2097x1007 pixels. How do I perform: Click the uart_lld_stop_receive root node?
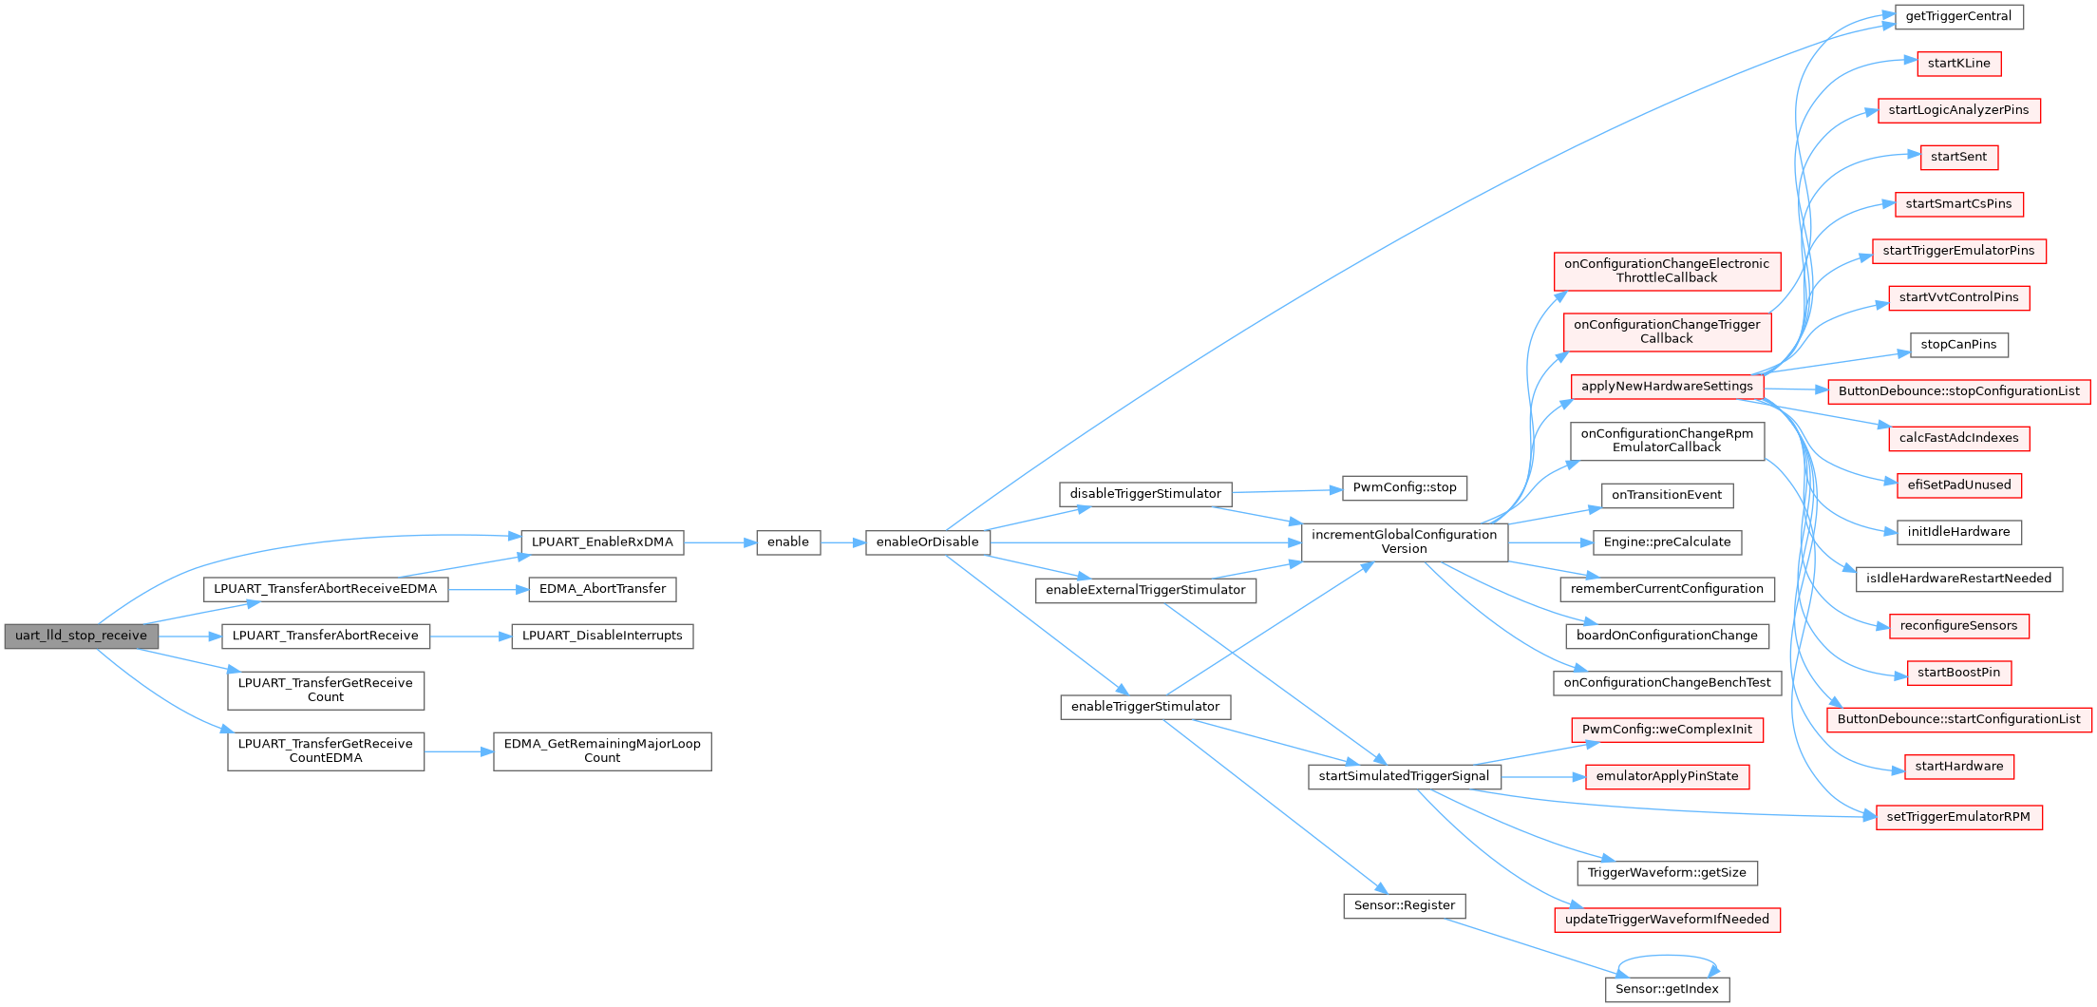(82, 636)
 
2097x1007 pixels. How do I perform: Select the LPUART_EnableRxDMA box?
(602, 542)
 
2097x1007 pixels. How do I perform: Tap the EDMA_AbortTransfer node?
(602, 589)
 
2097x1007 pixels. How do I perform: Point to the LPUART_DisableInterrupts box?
(602, 636)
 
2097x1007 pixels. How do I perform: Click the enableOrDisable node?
(928, 542)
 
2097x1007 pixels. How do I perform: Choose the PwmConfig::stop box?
(1405, 488)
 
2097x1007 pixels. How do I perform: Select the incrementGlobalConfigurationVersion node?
(1405, 542)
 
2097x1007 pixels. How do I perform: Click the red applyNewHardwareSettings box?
(1667, 387)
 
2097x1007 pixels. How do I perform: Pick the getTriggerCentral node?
(1959, 17)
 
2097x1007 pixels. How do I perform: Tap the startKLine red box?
(1959, 64)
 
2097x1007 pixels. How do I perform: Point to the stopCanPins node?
(1959, 345)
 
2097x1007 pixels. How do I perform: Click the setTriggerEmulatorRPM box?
(1959, 817)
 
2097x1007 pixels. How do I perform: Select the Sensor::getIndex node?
(1667, 989)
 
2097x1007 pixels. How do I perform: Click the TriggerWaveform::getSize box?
(1667, 873)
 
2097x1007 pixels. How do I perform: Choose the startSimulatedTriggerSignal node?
(1405, 777)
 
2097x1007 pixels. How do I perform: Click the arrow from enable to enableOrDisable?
(843, 542)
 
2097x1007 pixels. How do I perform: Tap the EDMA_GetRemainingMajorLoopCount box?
(602, 751)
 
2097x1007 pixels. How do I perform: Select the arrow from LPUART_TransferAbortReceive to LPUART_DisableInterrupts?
(471, 636)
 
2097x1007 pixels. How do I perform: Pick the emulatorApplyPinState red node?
(1667, 777)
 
